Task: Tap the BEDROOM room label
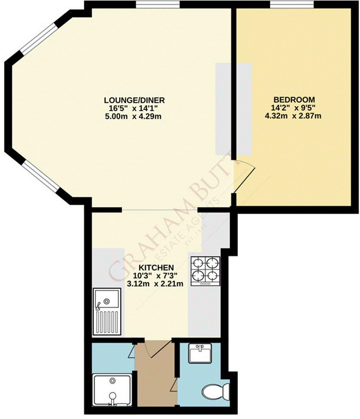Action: point(294,100)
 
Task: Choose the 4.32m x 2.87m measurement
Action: point(294,116)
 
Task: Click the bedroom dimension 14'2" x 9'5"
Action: point(294,108)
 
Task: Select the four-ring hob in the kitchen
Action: point(205,271)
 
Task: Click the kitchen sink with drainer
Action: point(107,311)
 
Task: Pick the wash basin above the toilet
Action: point(200,354)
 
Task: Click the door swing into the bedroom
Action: point(244,177)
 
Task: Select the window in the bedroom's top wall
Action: point(292,4)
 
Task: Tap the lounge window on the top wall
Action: point(157,4)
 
